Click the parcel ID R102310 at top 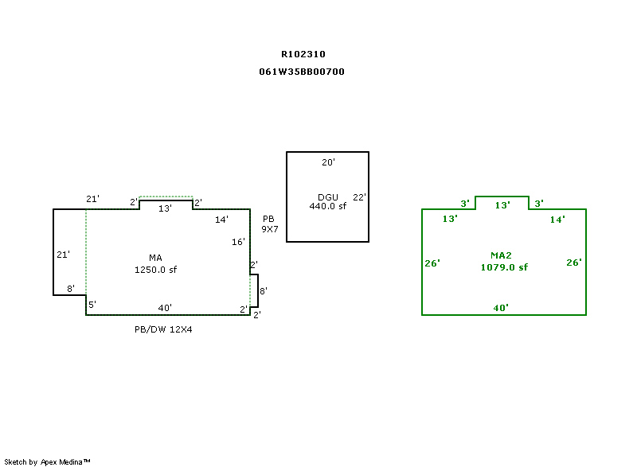pyautogui.click(x=303, y=55)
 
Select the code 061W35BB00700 pyautogui.click(x=302, y=72)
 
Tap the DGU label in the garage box pyautogui.click(x=328, y=197)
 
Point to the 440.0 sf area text pyautogui.click(x=328, y=206)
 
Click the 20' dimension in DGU pyautogui.click(x=328, y=162)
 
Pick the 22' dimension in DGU pyautogui.click(x=359, y=197)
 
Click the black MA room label pyautogui.click(x=155, y=258)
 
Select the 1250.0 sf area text pyautogui.click(x=155, y=270)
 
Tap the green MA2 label pyautogui.click(x=501, y=255)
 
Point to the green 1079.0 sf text pyautogui.click(x=503, y=267)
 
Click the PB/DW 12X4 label pyautogui.click(x=163, y=329)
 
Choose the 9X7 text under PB pyautogui.click(x=270, y=229)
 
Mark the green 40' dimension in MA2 pyautogui.click(x=501, y=307)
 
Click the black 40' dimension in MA pyautogui.click(x=165, y=308)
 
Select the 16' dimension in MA pyautogui.click(x=239, y=242)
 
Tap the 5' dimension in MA pyautogui.click(x=92, y=305)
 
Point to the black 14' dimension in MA pyautogui.click(x=222, y=219)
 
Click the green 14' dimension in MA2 pyautogui.click(x=557, y=220)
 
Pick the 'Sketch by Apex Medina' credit pyautogui.click(x=48, y=461)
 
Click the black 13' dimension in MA pyautogui.click(x=165, y=208)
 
